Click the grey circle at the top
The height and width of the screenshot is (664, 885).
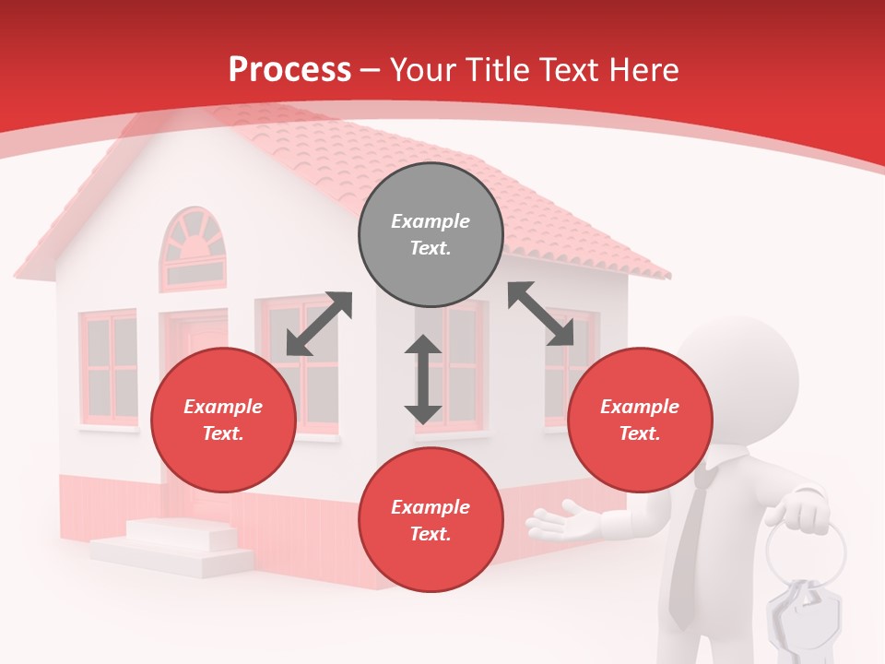coord(431,235)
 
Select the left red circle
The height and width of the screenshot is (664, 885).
coord(223,421)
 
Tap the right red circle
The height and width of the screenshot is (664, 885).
coord(640,421)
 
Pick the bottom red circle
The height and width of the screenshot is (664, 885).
coord(431,520)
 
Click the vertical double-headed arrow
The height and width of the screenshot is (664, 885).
coord(423,379)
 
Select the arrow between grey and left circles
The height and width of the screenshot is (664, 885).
coord(319,324)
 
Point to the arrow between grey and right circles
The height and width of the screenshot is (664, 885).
coord(541,314)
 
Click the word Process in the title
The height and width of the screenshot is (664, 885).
coord(289,69)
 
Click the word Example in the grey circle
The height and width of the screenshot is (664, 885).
coord(431,221)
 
